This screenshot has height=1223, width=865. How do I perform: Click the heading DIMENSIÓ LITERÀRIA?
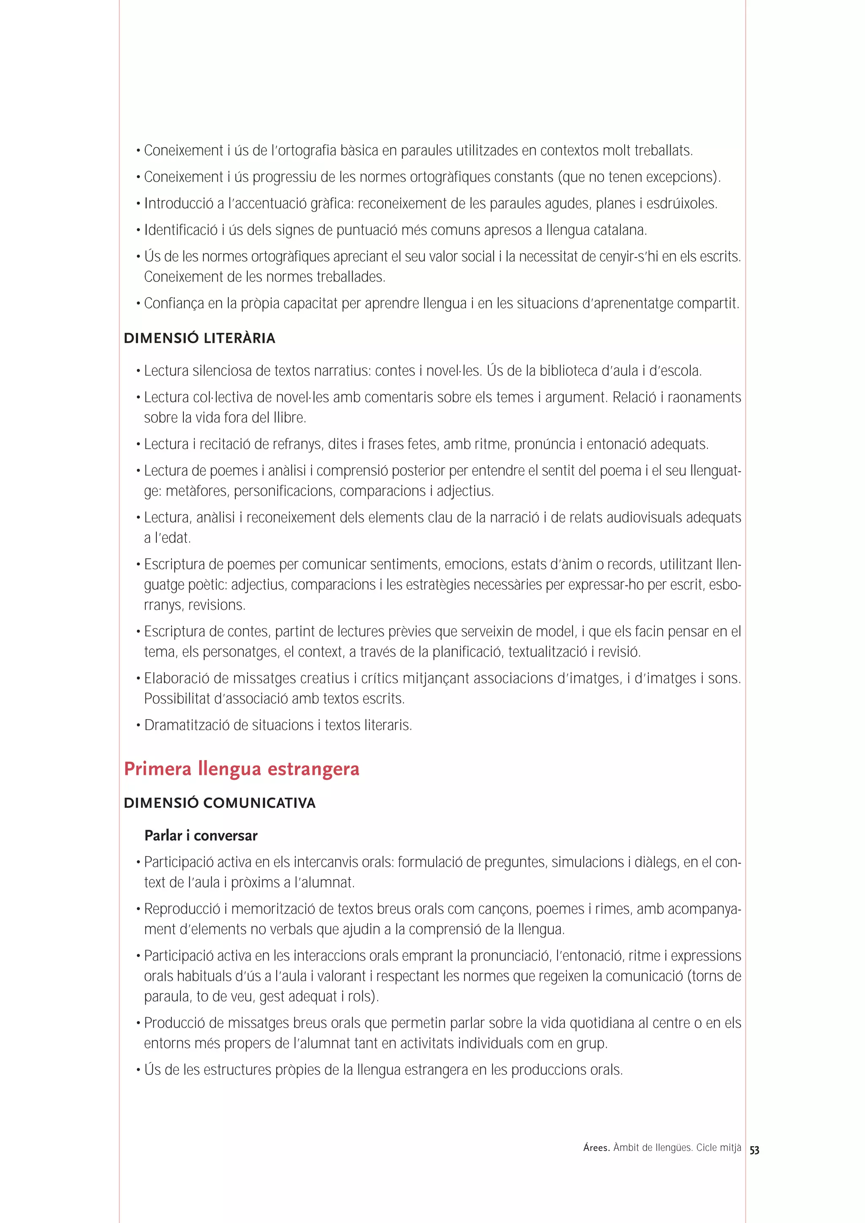tap(199, 338)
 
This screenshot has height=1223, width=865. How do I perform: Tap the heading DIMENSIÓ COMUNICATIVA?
tap(220, 803)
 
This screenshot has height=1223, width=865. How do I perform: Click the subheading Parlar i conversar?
tap(201, 836)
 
